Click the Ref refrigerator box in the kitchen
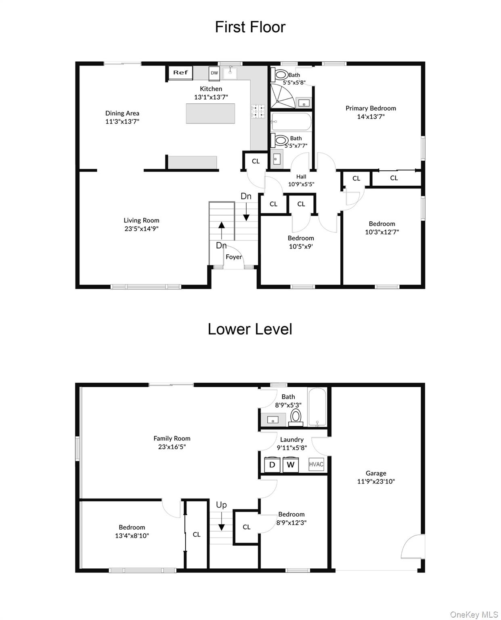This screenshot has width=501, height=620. pyautogui.click(x=180, y=73)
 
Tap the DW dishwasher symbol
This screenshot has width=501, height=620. pyautogui.click(x=214, y=73)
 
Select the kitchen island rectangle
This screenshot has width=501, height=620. pyautogui.click(x=210, y=113)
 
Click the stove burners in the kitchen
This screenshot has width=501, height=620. pyautogui.click(x=258, y=111)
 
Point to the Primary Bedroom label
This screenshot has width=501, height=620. pyautogui.click(x=371, y=108)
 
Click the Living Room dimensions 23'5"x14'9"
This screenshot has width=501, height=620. pyautogui.click(x=141, y=228)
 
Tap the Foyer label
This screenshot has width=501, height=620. pyautogui.click(x=233, y=256)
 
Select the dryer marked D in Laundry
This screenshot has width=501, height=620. pyautogui.click(x=272, y=465)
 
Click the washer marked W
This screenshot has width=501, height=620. pyautogui.click(x=290, y=465)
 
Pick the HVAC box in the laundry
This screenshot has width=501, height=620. pyautogui.click(x=316, y=464)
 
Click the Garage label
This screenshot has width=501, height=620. pyautogui.click(x=376, y=473)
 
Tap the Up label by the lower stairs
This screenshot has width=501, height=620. pyautogui.click(x=221, y=505)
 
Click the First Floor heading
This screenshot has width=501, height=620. pyautogui.click(x=250, y=27)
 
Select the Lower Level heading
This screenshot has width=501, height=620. pyautogui.click(x=250, y=329)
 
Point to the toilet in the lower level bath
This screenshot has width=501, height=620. pyautogui.click(x=296, y=417)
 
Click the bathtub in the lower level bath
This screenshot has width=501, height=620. pyautogui.click(x=317, y=407)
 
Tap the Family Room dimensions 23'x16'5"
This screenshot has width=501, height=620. pyautogui.click(x=172, y=446)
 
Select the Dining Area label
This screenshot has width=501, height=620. pyautogui.click(x=122, y=113)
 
